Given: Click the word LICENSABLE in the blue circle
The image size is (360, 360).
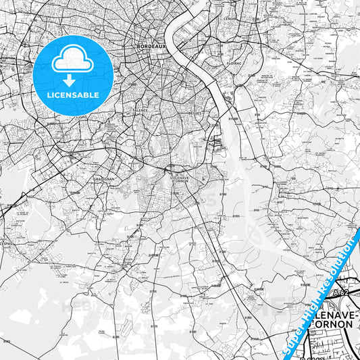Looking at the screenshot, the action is pos(73,95).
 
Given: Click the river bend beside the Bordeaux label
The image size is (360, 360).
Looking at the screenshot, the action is pos(177,34).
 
